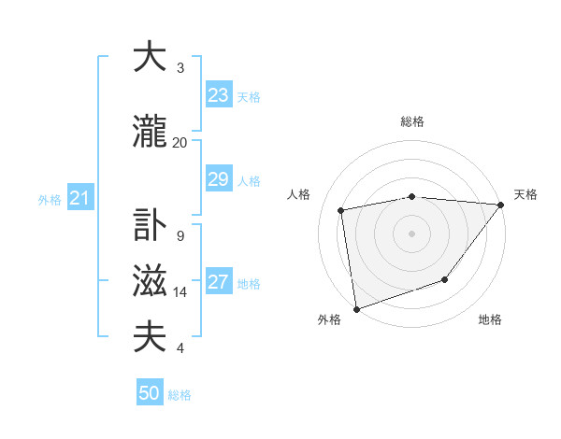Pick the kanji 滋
click(x=151, y=281)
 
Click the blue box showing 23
click(x=218, y=95)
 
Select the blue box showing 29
click(x=218, y=179)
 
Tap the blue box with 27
click(x=218, y=282)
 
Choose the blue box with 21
click(x=79, y=198)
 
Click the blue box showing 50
click(x=150, y=393)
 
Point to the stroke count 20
click(x=180, y=143)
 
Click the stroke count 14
click(x=180, y=292)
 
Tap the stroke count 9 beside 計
click(x=180, y=236)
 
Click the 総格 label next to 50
click(x=180, y=395)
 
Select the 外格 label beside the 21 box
click(x=50, y=199)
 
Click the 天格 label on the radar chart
click(x=525, y=194)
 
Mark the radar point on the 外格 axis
click(x=356, y=307)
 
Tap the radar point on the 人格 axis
click(x=341, y=210)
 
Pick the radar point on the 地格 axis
click(x=446, y=279)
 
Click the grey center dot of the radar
click(x=411, y=232)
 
